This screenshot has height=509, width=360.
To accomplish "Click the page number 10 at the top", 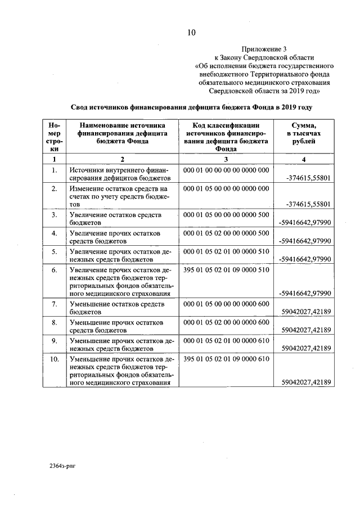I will (191, 33).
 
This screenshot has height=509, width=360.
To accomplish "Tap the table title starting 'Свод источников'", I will (191, 107).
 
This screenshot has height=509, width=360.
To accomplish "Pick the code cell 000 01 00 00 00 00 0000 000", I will (226, 170).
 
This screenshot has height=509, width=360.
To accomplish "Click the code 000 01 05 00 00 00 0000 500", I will (226, 215).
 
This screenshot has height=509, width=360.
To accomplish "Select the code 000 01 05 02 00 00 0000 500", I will (226, 233).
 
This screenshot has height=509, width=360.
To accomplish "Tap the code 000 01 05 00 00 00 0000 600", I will (226, 304).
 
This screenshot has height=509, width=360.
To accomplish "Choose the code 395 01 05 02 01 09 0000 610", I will (226, 359).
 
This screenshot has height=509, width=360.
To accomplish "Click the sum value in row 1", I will (308, 178).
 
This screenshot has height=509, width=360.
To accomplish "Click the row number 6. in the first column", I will (54, 270).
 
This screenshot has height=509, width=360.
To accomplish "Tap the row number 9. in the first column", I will (54, 341).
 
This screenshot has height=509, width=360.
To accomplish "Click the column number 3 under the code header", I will (226, 160).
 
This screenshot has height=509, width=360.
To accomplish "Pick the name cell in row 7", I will (116, 308).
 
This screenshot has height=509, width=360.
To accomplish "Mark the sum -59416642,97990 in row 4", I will (305, 241).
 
